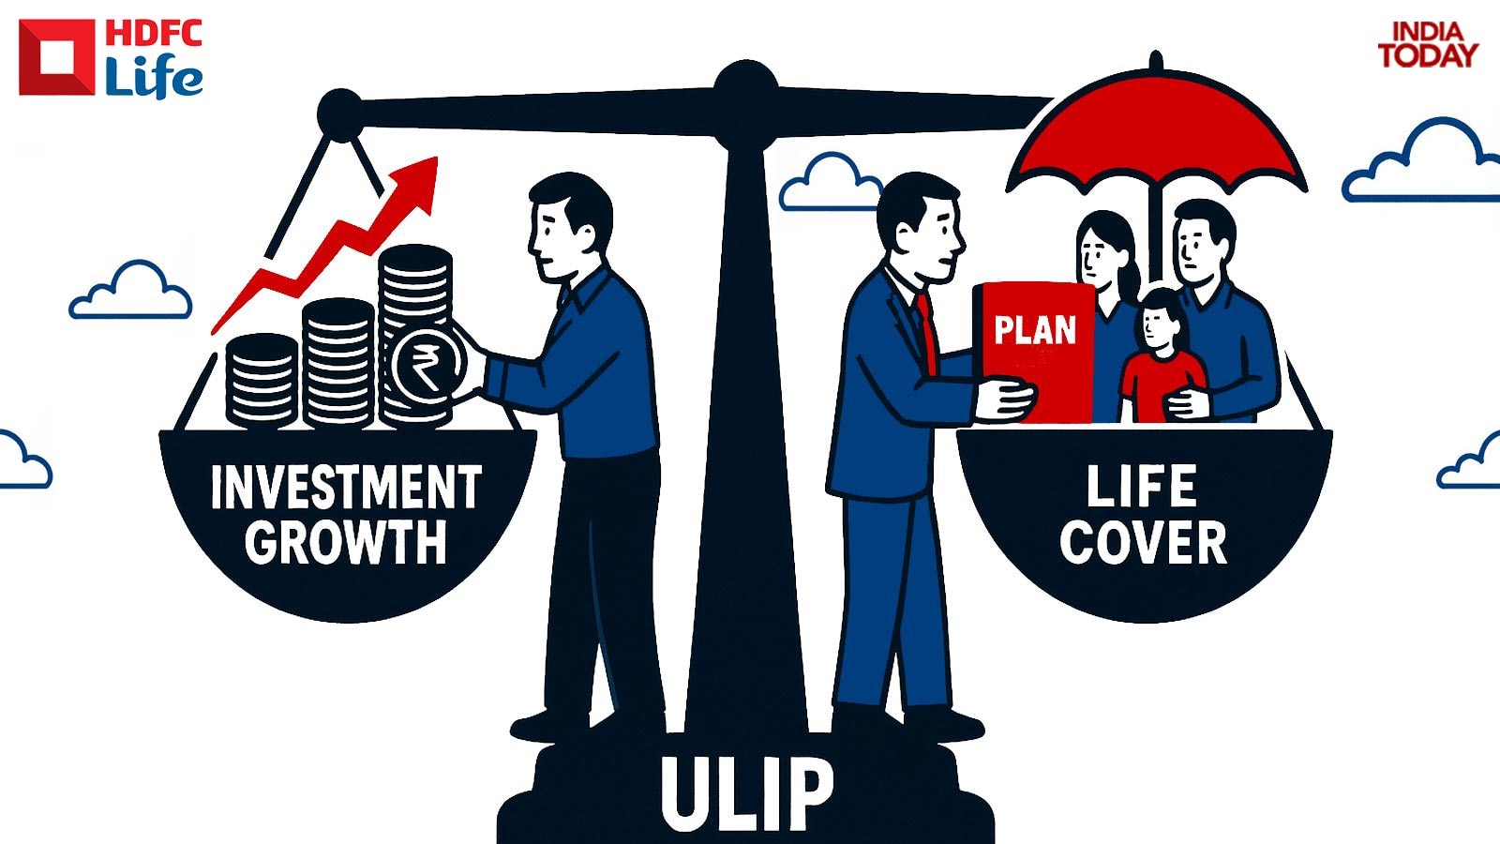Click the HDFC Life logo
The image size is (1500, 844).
pyautogui.click(x=111, y=58)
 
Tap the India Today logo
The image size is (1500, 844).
pyautogui.click(x=1427, y=45)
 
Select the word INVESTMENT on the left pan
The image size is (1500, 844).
pyautogui.click(x=346, y=488)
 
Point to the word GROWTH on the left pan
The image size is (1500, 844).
pyautogui.click(x=346, y=543)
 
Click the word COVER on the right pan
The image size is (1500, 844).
pyautogui.click(x=1143, y=543)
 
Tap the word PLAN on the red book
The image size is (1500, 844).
pyautogui.click(x=1035, y=330)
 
